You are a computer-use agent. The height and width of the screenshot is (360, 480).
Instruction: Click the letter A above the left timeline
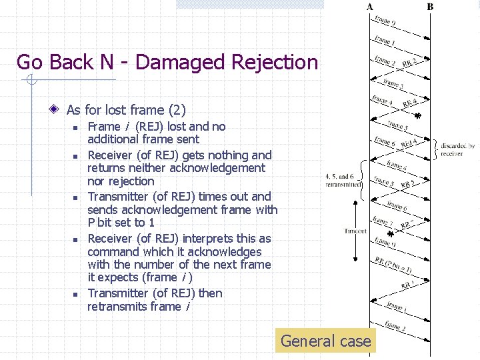coord(370,7)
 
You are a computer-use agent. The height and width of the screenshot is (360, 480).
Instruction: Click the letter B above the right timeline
coord(430,7)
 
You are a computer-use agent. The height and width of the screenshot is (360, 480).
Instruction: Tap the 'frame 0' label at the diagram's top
coord(385,21)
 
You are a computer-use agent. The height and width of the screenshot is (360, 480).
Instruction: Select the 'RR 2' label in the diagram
coord(410,62)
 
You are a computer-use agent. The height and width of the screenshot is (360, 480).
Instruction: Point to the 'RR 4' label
coord(410,103)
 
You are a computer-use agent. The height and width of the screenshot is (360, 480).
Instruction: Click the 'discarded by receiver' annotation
coord(457,149)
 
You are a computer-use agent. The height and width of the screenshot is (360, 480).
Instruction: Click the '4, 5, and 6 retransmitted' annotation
coord(343,179)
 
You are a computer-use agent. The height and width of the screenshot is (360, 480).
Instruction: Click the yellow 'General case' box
coord(325,341)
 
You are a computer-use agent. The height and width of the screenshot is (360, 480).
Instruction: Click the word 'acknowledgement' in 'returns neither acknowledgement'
coord(220,169)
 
